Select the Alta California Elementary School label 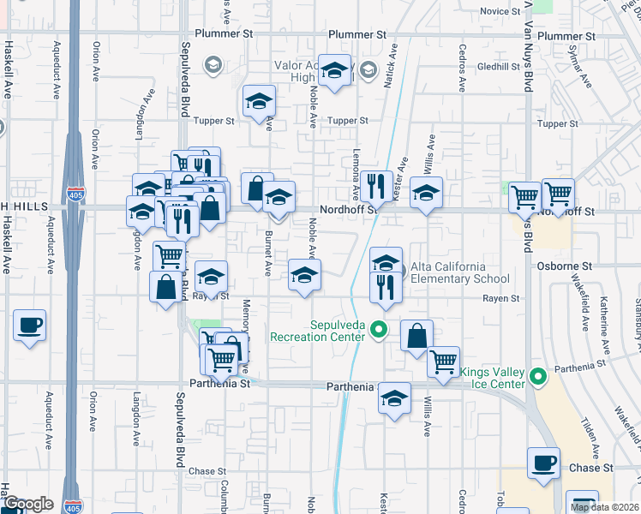(460, 272)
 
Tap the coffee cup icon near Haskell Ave (30, 326)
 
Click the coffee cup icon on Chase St (543, 463)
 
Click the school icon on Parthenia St (394, 398)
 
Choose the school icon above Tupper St (258, 101)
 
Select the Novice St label (494, 11)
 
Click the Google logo (28, 505)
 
